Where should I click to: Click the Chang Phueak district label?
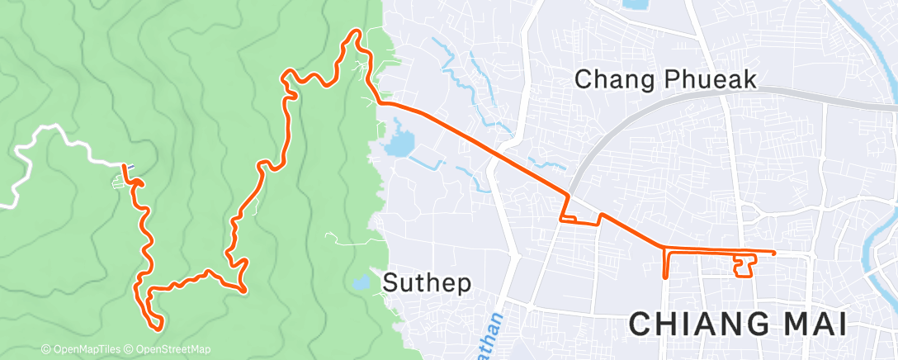(x=666, y=79)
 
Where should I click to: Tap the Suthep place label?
(x=428, y=283)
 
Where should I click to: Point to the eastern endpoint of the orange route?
(x=774, y=253)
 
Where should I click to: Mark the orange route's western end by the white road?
(x=125, y=167)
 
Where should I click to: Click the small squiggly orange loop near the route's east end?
(x=744, y=266)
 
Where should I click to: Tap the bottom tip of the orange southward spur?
(x=665, y=278)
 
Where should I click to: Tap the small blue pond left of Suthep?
(x=361, y=282)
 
